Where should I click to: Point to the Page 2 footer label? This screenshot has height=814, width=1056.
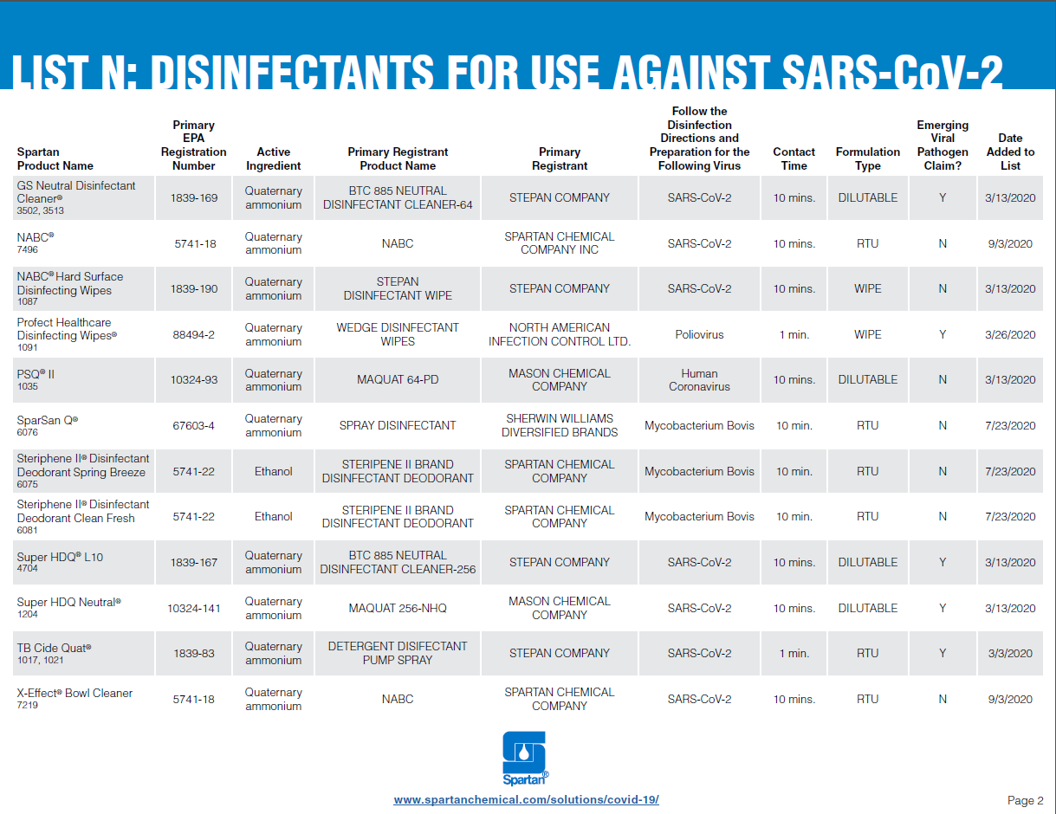click(1025, 800)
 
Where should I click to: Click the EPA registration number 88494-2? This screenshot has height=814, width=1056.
click(194, 334)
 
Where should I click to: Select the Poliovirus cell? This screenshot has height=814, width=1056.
click(699, 334)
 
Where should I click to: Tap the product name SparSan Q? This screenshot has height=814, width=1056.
click(47, 420)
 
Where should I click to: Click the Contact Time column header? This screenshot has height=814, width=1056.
click(794, 158)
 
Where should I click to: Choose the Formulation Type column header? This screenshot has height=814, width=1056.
click(867, 158)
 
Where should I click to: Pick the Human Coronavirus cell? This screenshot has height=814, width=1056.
click(699, 380)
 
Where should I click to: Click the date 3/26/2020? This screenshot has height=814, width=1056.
click(1010, 334)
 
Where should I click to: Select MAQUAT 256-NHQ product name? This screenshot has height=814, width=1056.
click(398, 608)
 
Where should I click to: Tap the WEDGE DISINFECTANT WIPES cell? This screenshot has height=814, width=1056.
click(398, 334)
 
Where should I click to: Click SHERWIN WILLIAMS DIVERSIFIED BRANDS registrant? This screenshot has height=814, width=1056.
click(560, 425)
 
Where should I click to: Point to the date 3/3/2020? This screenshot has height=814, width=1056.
click(1010, 653)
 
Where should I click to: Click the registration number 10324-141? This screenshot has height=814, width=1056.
click(194, 608)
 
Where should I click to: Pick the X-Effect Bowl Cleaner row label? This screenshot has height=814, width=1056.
click(75, 694)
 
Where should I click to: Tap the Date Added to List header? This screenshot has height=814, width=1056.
click(1010, 152)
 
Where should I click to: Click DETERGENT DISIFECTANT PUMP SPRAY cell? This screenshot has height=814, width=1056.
click(398, 653)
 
